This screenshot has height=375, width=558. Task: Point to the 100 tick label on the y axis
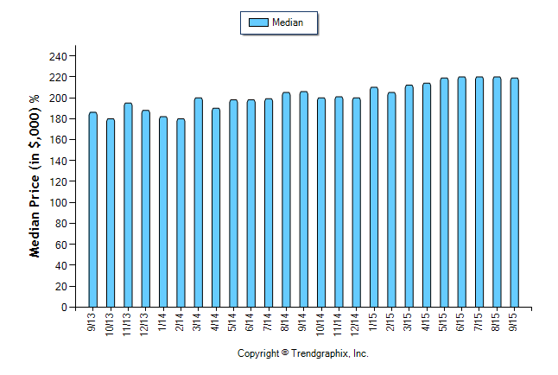pos(58,203)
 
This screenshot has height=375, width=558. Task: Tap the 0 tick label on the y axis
pos(63,308)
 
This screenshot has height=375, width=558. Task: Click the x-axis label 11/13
pos(128,321)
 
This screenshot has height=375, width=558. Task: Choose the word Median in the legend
pos(288,22)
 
